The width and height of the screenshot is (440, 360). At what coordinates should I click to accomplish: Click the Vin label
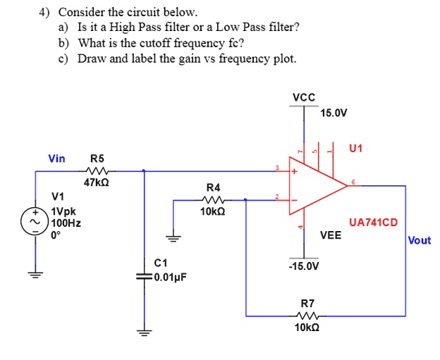tap(56, 159)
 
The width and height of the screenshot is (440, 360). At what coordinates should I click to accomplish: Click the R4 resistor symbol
tap(212, 199)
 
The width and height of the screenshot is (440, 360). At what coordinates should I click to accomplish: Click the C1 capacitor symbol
tap(145, 275)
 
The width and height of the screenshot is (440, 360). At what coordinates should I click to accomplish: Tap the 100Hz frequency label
tap(65, 223)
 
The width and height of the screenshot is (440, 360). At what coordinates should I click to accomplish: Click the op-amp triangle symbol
tap(317, 186)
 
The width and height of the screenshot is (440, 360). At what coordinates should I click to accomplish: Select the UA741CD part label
tap(373, 223)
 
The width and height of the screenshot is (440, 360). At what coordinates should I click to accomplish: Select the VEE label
tap(330, 235)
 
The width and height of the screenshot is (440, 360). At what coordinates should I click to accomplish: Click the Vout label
tap(420, 240)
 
